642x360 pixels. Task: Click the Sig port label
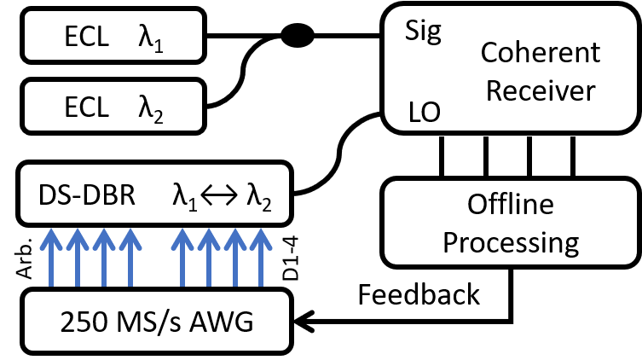pos(424,32)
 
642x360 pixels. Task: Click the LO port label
pos(424,112)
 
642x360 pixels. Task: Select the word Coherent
pos(540,53)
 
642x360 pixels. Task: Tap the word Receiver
pos(540,90)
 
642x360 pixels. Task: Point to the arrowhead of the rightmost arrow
pos(260,237)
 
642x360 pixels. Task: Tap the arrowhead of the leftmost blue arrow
pos(51,237)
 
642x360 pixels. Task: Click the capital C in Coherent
pos(489,53)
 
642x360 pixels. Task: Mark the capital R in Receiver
pos(494,90)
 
